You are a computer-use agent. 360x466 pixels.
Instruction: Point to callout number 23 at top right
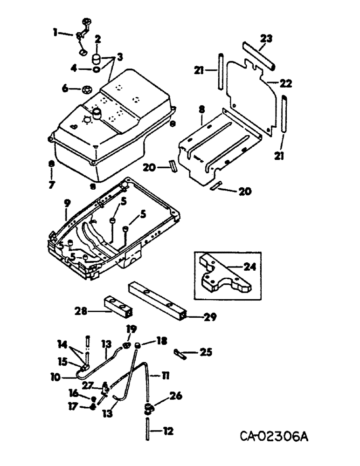[x=266, y=40]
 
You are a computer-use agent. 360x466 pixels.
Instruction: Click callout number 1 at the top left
[x=55, y=33]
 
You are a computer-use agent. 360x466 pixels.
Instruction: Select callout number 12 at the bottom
[x=167, y=432]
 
